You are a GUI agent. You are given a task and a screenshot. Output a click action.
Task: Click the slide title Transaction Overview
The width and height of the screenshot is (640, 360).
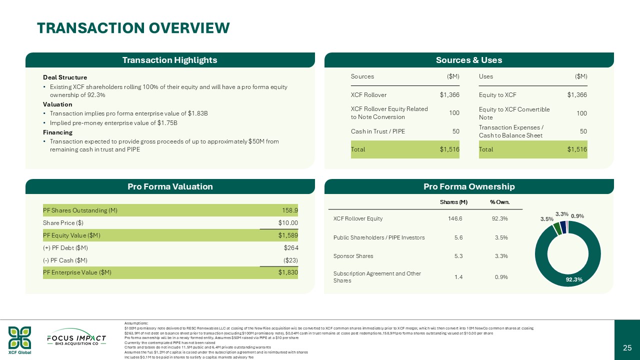click(133, 28)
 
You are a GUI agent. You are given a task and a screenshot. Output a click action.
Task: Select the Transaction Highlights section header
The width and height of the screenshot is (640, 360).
click(170, 60)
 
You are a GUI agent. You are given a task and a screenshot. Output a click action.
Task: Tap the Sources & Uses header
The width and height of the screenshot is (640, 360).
click(469, 60)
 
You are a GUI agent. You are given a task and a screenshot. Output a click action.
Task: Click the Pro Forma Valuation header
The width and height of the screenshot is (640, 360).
click(170, 186)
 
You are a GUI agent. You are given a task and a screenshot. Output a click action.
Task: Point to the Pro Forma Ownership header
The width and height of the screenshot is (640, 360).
click(469, 186)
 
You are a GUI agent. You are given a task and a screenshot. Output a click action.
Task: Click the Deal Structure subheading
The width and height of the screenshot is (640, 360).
click(65, 77)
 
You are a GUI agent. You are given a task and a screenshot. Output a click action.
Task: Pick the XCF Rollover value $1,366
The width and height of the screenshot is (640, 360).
click(449, 95)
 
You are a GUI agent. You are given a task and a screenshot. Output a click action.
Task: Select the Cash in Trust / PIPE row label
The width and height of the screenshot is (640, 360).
click(378, 131)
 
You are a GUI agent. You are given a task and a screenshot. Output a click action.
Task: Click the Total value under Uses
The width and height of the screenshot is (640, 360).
click(577, 149)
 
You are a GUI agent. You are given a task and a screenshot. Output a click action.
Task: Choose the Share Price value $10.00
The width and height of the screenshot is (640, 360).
click(288, 222)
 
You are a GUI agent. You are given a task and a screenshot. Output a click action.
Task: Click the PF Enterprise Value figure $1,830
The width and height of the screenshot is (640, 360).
click(288, 272)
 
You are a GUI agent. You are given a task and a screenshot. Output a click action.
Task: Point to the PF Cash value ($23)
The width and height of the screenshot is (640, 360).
click(289, 260)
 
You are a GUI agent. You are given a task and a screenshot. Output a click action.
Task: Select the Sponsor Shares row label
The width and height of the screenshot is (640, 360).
click(353, 256)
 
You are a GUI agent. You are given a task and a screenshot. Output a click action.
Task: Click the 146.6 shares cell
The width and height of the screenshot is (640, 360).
click(458, 218)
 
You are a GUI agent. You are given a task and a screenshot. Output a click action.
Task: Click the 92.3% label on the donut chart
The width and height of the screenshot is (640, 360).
click(574, 279)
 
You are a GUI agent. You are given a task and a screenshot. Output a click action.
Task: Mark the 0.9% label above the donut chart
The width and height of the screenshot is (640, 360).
click(577, 216)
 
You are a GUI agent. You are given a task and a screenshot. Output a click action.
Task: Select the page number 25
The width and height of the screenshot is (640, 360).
click(627, 347)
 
